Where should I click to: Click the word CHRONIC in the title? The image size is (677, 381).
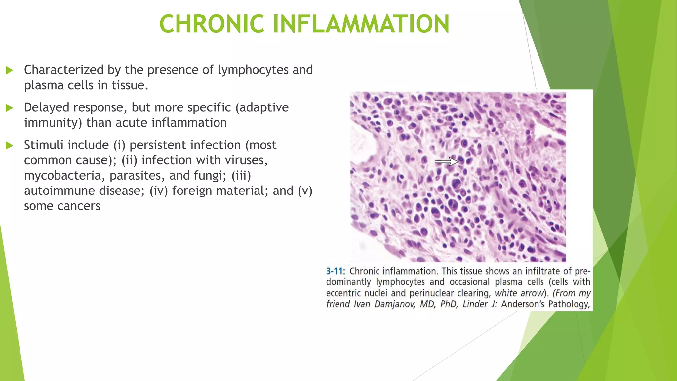coord(212,24)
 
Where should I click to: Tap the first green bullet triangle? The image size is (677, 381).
coord(10,70)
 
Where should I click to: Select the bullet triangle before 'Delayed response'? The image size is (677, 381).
coord(10,108)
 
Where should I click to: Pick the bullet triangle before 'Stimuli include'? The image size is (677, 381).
coord(10,145)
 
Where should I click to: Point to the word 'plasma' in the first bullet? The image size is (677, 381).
coord(44,85)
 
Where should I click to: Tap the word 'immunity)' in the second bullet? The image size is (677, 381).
coord(53,123)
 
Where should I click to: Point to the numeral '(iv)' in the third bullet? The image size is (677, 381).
coord(159,191)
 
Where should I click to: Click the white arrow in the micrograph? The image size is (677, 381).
coord(447,162)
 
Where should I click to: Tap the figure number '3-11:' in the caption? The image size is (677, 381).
coord(335,271)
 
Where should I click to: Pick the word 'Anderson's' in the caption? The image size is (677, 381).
coord(523,304)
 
